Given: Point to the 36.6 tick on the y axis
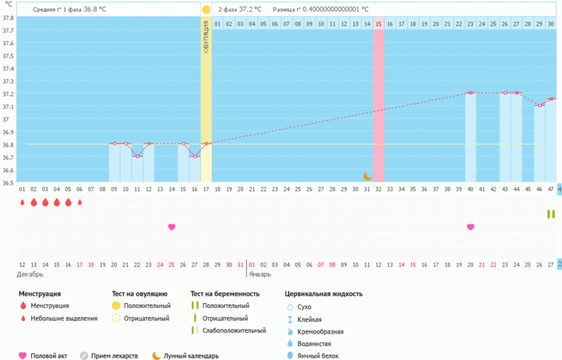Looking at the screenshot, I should [8, 170].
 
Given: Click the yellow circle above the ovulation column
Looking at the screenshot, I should [206, 9].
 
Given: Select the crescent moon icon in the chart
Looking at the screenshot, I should [368, 176].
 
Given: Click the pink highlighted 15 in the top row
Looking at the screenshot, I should [378, 24].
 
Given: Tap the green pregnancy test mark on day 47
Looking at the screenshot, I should [550, 214].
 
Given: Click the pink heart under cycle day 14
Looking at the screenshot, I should [172, 227].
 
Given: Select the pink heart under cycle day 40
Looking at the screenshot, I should [471, 227].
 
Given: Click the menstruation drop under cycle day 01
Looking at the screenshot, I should [22, 202].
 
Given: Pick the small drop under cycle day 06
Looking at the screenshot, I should [80, 202].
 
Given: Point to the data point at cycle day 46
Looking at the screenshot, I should [539, 106].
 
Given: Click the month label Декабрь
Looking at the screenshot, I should [31, 275].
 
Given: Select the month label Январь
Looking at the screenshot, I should [259, 275].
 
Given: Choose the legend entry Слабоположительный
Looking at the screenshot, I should [234, 331].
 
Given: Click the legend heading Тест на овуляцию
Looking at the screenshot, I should [139, 294].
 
